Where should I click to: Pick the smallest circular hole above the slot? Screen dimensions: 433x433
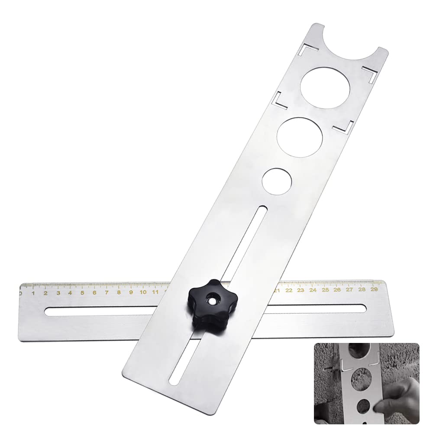[277, 180]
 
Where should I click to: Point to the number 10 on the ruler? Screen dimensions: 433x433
[142, 292]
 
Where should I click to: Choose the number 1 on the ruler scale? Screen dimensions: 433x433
[33, 293]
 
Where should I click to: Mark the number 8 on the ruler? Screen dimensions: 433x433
[118, 292]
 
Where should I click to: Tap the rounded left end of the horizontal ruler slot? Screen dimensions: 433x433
[48, 312]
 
